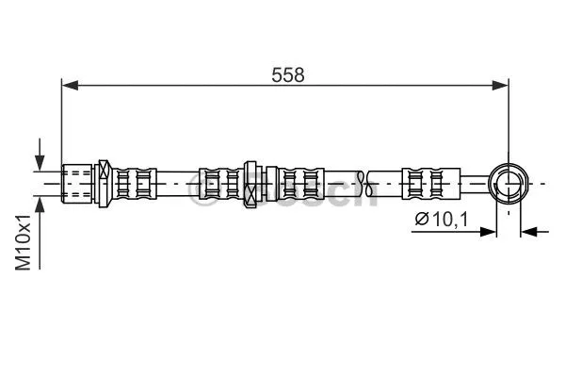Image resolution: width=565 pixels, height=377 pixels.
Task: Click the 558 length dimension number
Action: point(289,75)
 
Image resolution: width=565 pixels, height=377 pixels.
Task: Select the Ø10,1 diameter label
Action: point(444,221)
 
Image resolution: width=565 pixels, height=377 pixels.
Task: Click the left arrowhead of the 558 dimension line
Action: point(69,86)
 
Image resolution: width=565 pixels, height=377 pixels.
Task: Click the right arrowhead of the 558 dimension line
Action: point(502,86)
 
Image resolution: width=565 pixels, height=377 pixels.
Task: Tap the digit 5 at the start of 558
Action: point(278,75)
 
